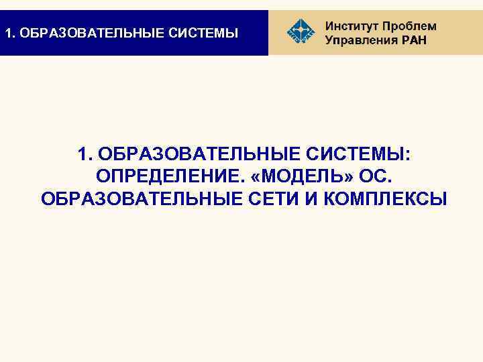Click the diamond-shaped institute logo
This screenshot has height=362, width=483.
300,32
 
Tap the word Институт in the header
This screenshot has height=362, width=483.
351,26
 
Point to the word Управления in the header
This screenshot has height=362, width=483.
360,40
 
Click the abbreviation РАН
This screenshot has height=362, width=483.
411,40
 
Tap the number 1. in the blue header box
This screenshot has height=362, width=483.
9,32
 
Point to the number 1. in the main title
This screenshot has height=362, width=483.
85,156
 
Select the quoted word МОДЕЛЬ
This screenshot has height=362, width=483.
299,177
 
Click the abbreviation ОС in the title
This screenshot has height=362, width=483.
371,177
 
